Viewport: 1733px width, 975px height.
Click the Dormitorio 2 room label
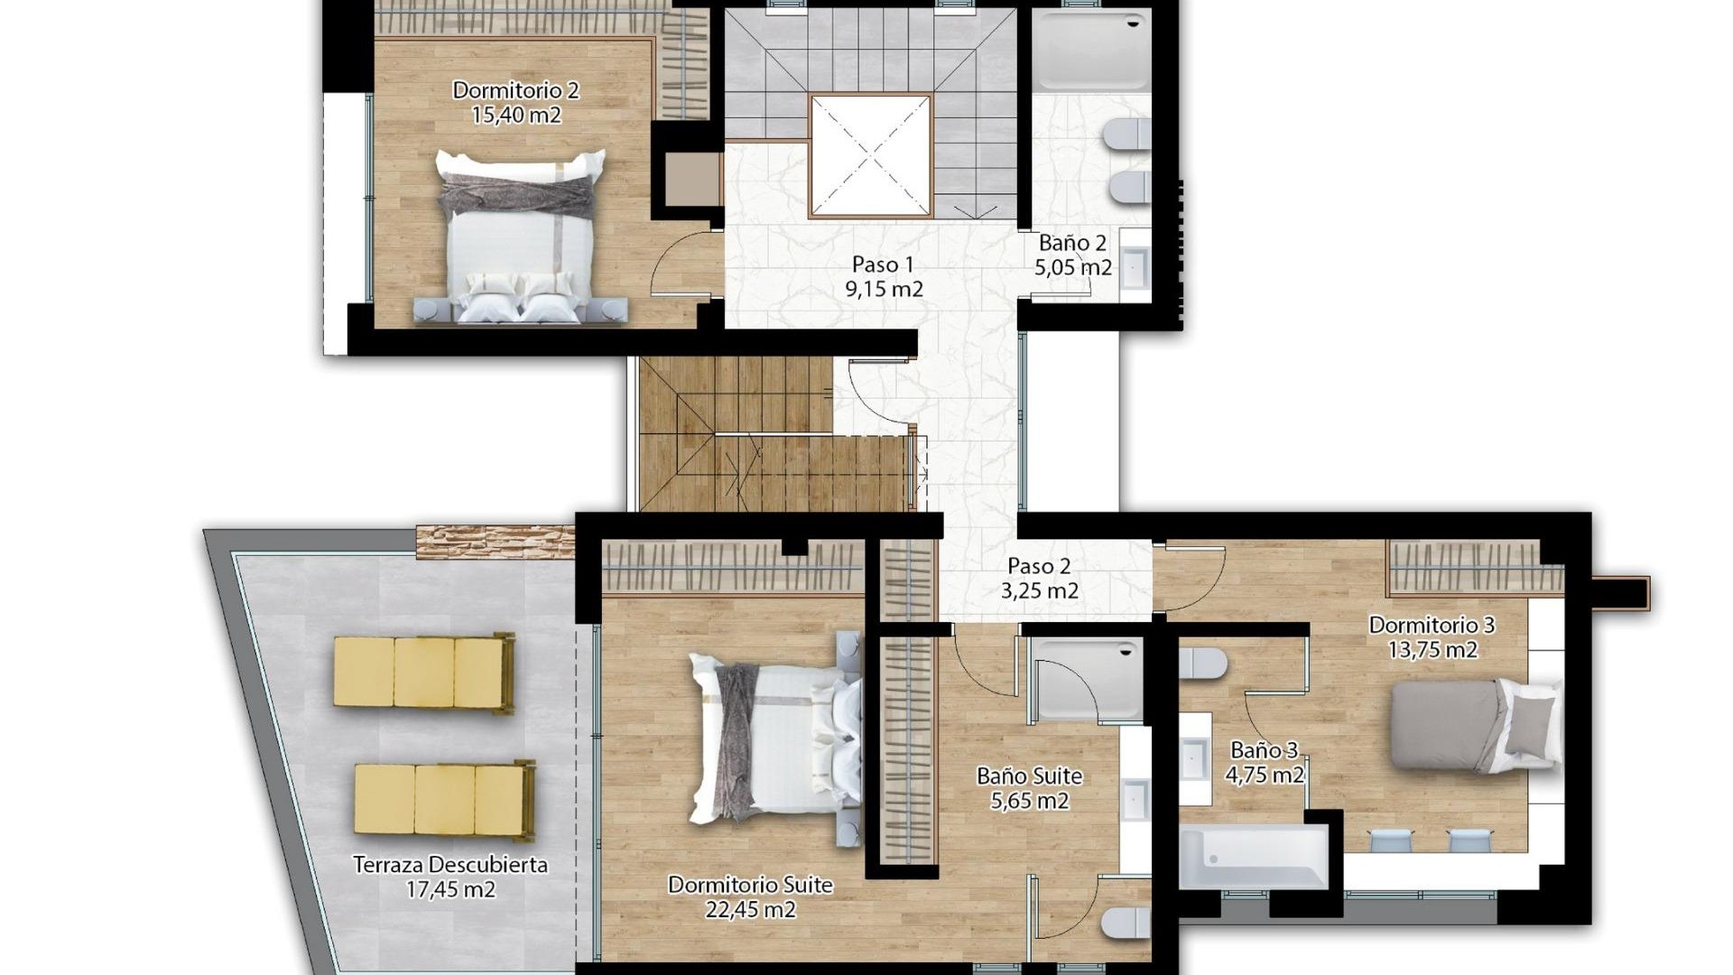tap(515, 90)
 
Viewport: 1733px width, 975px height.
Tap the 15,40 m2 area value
tap(515, 115)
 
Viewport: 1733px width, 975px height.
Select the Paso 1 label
tap(883, 265)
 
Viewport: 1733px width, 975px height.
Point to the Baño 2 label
tap(1072, 243)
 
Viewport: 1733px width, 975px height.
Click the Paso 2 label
tap(1039, 566)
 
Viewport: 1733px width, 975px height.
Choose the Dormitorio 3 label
tap(1432, 625)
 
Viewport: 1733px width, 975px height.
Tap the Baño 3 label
tap(1264, 750)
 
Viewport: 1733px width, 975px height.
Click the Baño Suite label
tap(1029, 775)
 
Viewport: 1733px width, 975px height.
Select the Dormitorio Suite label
tap(750, 885)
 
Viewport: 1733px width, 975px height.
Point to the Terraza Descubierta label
tap(450, 865)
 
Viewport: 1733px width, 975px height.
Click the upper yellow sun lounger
tap(423, 672)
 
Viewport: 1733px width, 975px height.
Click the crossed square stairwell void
tap(870, 156)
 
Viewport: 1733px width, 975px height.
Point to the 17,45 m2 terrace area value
tap(450, 889)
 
